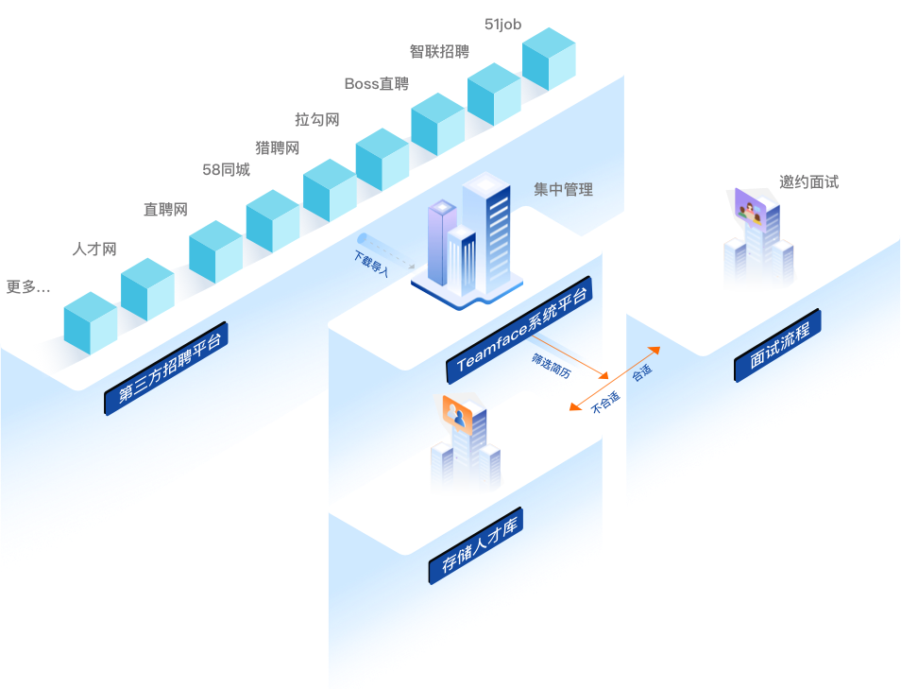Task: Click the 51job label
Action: point(502,25)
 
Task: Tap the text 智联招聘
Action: point(439,51)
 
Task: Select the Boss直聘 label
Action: point(376,84)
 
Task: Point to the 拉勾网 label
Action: point(316,119)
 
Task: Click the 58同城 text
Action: point(227,169)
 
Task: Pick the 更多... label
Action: point(28,286)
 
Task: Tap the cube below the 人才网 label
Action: point(147,289)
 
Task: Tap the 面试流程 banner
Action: point(778,346)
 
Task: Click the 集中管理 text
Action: point(564,190)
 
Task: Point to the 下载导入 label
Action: point(371,256)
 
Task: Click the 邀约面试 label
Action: point(809,182)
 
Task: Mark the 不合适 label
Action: point(605,403)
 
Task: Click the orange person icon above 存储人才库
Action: point(455,412)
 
